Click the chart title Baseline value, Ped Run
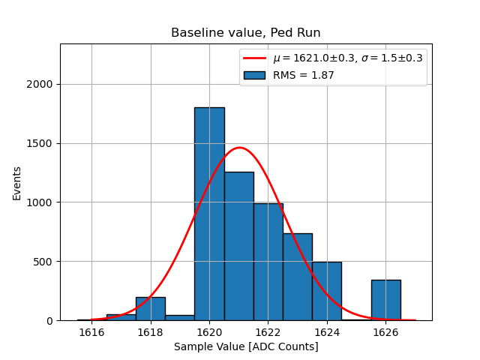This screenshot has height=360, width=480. pos(246,33)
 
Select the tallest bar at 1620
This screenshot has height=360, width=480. pos(209,214)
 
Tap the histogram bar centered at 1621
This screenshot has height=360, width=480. pos(238,246)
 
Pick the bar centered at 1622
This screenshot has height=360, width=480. pos(268,262)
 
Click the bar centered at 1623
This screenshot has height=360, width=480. pos(297,277)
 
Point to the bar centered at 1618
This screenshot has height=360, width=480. pos(151,309)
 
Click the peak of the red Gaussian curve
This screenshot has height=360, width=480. pos(239,148)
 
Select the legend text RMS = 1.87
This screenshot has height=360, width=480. pos(303,75)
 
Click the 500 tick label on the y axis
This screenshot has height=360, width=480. pos(43,262)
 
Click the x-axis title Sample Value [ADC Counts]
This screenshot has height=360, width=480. pos(246,346)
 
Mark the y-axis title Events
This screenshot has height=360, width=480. pos(16,183)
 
